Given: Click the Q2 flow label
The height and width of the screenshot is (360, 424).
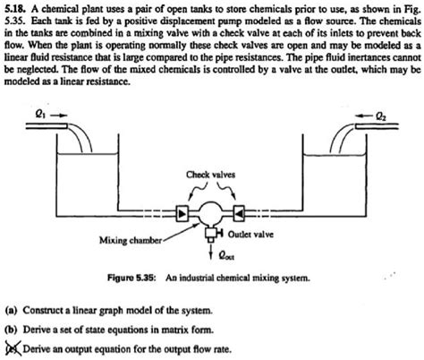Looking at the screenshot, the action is (x=381, y=116).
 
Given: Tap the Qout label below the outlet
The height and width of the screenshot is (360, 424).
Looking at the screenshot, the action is (x=226, y=255).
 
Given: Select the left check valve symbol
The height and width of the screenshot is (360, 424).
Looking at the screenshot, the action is (x=182, y=214).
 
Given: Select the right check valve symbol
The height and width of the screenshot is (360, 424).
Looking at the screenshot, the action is (x=239, y=214).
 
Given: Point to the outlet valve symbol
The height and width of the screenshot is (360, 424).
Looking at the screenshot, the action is (x=213, y=234).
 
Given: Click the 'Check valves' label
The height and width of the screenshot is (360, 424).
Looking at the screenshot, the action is (x=210, y=175).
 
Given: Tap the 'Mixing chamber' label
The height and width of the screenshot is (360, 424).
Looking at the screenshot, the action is (x=131, y=240).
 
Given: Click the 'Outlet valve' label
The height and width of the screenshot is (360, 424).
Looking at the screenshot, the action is (x=250, y=235).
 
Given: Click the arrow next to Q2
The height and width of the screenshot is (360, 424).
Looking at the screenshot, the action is (x=364, y=116).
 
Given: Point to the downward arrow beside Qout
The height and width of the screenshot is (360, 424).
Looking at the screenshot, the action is (x=211, y=251).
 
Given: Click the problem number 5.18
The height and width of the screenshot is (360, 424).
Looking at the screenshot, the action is (x=16, y=9).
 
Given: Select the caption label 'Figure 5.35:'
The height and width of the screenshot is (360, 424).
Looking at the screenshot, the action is (x=131, y=278).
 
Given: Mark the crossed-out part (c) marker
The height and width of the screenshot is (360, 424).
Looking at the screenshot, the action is (x=13, y=348).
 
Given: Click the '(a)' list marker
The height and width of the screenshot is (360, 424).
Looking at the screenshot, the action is (x=12, y=311).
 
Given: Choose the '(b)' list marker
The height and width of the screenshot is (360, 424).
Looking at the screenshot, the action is (x=12, y=330).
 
